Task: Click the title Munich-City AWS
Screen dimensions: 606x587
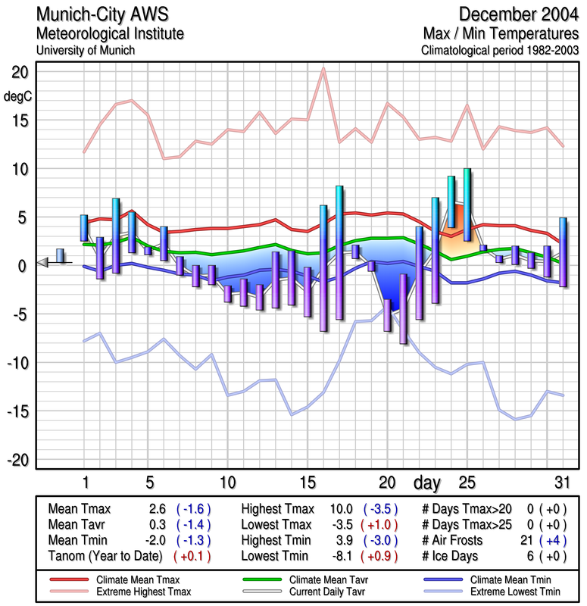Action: pos(98,15)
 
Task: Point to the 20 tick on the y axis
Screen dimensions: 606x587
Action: pos(19,72)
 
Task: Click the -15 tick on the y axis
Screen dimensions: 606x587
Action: pos(19,411)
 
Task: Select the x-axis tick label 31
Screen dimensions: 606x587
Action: pos(561,481)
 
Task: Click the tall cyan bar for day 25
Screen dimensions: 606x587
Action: pos(467,205)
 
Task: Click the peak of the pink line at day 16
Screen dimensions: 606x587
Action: pos(323,69)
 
